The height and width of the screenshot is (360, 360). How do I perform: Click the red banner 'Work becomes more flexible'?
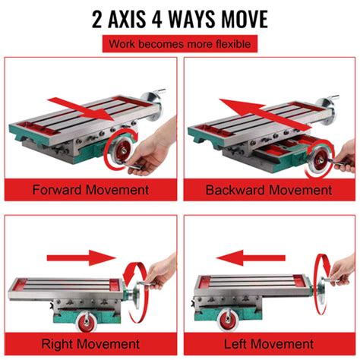(180, 44)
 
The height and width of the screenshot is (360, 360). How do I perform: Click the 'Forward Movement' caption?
(90, 188)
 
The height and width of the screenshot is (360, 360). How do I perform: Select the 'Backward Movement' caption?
(270, 188)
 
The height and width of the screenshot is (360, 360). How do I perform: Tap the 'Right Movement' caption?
(90, 343)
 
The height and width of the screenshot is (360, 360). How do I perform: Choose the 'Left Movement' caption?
(270, 343)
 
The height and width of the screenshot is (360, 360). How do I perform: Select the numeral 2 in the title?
(98, 18)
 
